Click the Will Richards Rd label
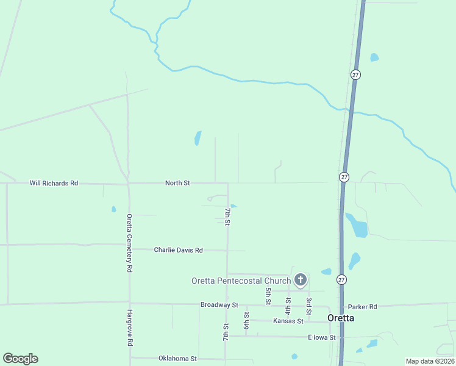pyautogui.click(x=54, y=183)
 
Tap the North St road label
pyautogui.click(x=178, y=183)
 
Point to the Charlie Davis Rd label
pyautogui.click(x=178, y=250)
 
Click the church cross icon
pyautogui.click(x=300, y=280)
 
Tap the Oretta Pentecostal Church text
pyautogui.click(x=241, y=281)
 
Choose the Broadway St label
pyautogui.click(x=219, y=304)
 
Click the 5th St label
pyautogui.click(x=268, y=295)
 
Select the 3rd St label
pyautogui.click(x=309, y=306)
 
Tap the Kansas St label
pyautogui.click(x=288, y=321)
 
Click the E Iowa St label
pyautogui.click(x=321, y=337)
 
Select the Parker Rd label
pyautogui.click(x=362, y=306)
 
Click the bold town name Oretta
pyautogui.click(x=341, y=318)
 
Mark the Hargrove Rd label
pyautogui.click(x=129, y=328)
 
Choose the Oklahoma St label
pyautogui.click(x=177, y=359)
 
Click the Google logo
pyautogui.click(x=20, y=359)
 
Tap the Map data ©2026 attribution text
pyautogui.click(x=430, y=361)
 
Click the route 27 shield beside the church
pyautogui.click(x=343, y=279)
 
